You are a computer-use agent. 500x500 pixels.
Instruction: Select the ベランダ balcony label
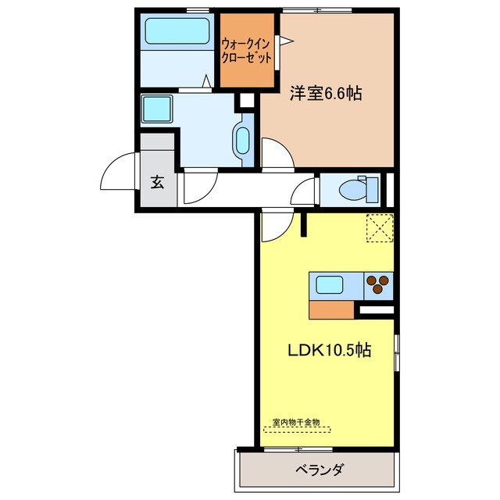(x=318, y=470)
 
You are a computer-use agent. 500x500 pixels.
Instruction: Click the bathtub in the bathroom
(x=176, y=31)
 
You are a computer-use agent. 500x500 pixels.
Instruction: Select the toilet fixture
(x=359, y=189)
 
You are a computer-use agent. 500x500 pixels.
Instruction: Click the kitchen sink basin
(x=328, y=284)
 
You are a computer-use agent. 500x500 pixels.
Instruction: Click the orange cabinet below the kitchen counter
(x=332, y=310)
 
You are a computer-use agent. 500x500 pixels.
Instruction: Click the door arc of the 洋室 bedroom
(x=275, y=152)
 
